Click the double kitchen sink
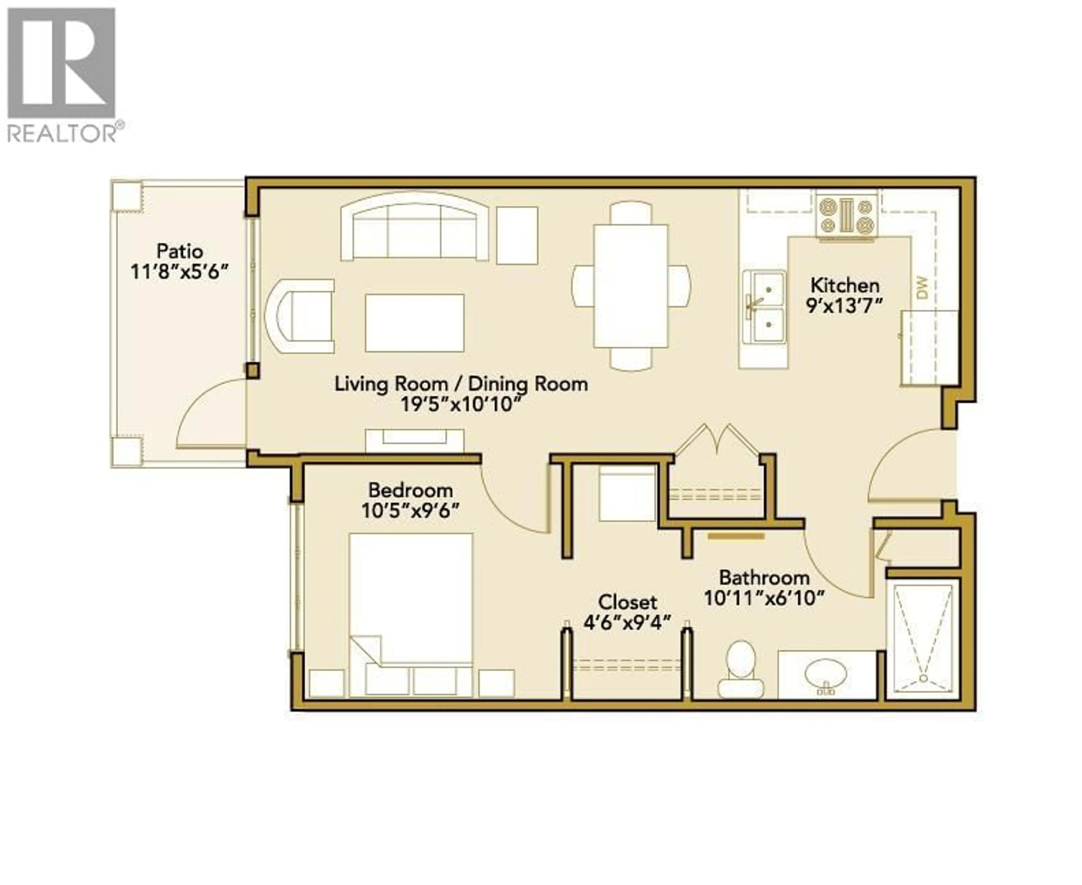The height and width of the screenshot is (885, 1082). tap(763, 307)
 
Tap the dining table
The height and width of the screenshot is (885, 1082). tap(631, 286)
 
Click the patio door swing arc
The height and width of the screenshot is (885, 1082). tap(204, 408)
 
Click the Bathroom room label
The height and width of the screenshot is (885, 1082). tap(764, 578)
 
